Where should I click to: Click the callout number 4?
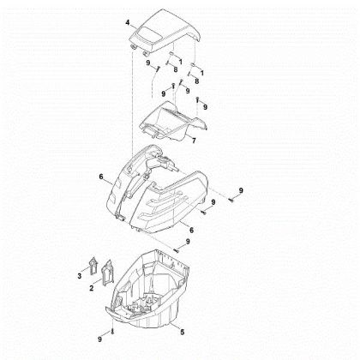(128, 22)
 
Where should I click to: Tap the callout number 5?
(183, 332)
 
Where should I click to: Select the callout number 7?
(194, 141)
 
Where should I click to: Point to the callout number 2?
(92, 288)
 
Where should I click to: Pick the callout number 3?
(80, 276)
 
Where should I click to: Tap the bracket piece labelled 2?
(107, 273)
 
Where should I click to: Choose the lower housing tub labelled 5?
(148, 289)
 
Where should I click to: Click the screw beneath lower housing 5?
(112, 332)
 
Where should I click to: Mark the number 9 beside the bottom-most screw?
(99, 339)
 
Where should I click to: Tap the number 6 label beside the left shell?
(101, 177)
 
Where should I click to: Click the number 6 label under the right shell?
(191, 230)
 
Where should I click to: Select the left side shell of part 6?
(135, 183)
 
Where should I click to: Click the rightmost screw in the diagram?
(231, 201)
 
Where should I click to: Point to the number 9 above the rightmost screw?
(241, 190)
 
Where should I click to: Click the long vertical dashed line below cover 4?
(133, 103)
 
